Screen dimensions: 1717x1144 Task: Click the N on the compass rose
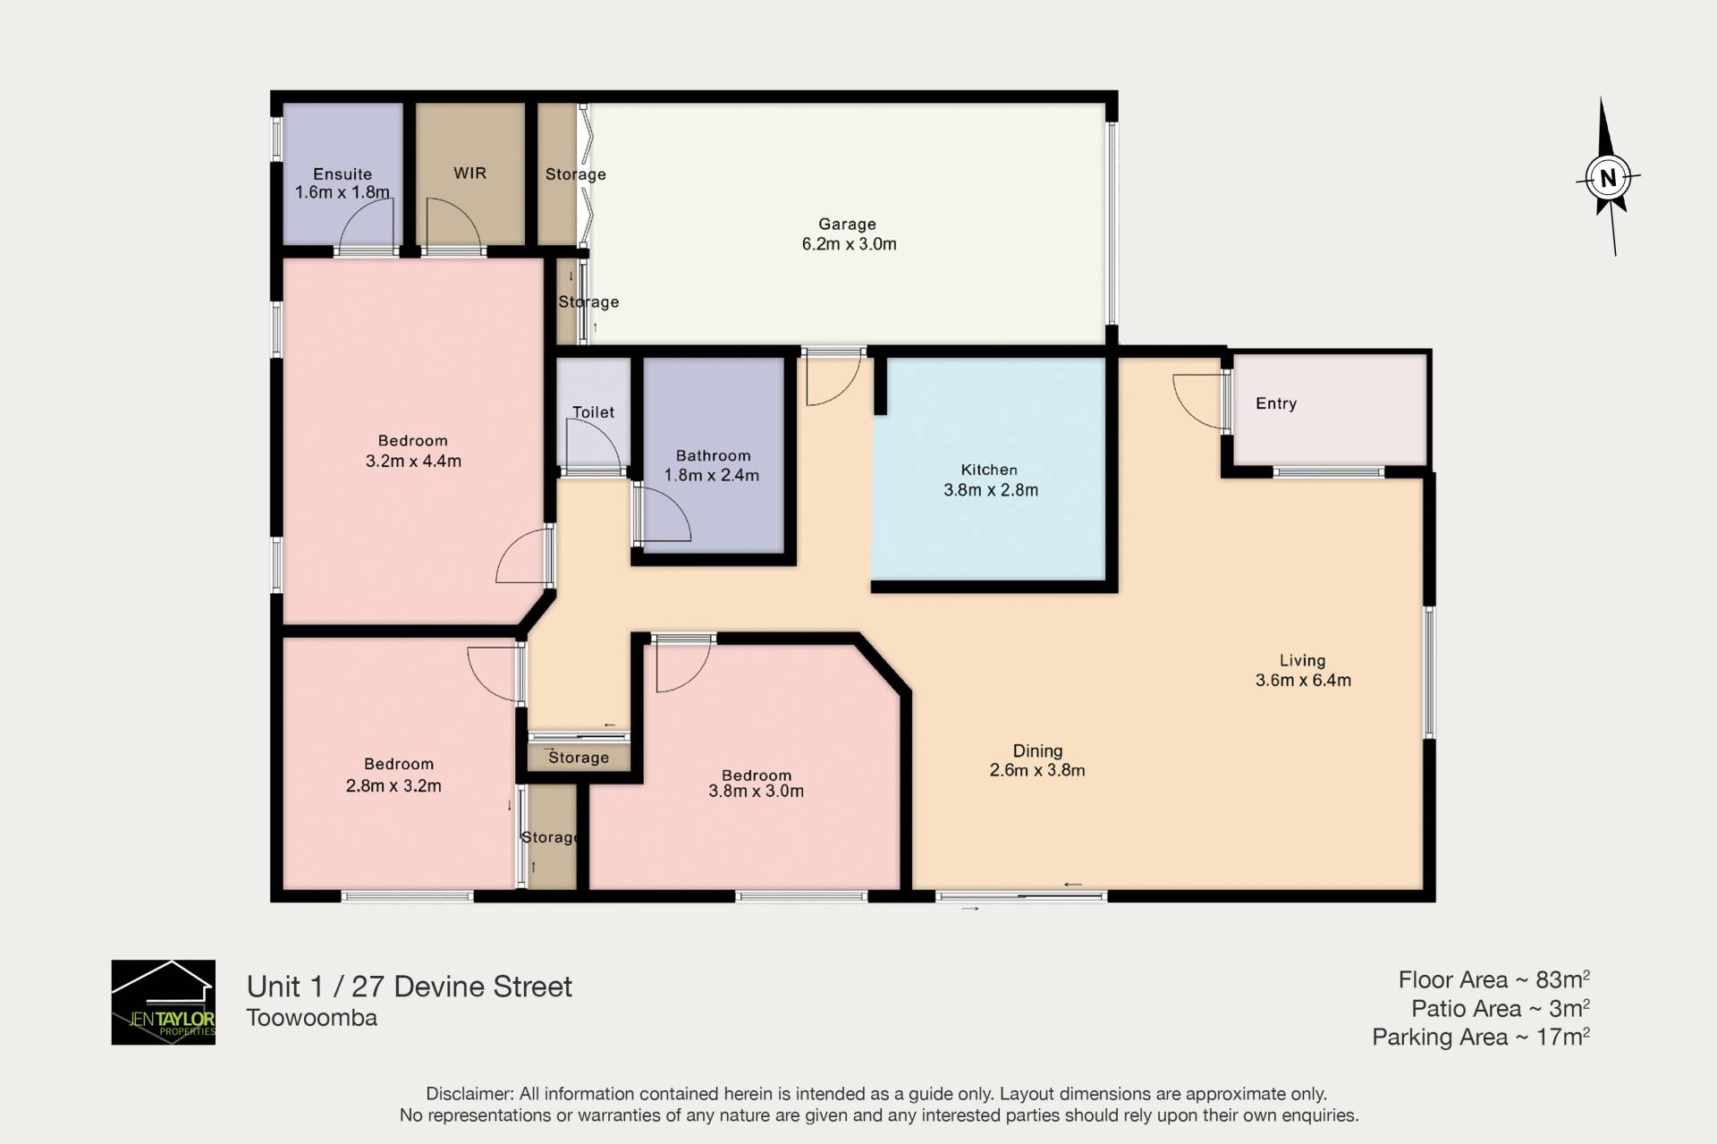(1608, 177)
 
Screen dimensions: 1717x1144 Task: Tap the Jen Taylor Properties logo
(164, 1002)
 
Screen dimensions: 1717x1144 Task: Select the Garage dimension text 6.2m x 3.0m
(849, 244)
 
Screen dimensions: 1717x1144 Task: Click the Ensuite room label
(343, 174)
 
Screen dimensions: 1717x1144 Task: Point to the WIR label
(469, 173)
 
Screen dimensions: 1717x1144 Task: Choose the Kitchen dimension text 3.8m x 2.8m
(991, 490)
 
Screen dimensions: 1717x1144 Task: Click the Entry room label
(1276, 403)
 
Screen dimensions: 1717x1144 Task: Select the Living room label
(1302, 660)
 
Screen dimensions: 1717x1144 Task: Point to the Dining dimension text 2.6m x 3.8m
(1037, 770)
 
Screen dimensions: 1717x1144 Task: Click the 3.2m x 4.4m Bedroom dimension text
(413, 462)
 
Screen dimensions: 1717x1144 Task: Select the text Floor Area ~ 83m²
(1494, 979)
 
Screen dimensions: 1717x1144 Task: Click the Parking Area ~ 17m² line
(1481, 1037)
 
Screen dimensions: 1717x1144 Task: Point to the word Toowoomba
(312, 1018)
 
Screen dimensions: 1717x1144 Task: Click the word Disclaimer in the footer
(469, 1094)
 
